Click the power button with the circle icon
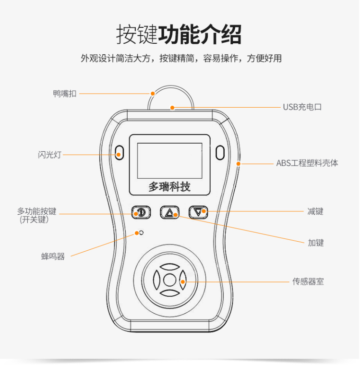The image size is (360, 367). pos(141,212)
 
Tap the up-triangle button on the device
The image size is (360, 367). pos(169,212)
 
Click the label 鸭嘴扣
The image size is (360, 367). pos(65,94)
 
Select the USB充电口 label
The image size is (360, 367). pos(302,107)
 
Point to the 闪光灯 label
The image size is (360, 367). pos(49,155)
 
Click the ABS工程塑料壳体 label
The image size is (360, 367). pos(307,163)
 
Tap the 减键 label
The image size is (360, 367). pos(315,211)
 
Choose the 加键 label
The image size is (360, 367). pos(316,243)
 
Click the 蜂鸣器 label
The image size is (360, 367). pos(53,257)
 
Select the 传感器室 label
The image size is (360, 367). pos(308,281)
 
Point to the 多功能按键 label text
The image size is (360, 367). pos(37,211)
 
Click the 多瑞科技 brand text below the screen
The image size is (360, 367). pos(169,187)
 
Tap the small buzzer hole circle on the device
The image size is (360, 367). pos(141,232)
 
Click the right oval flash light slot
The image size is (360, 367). pos(220,153)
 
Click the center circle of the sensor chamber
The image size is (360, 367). pos(169,280)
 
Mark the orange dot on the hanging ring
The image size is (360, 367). pos(153,94)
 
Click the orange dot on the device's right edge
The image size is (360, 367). pos(239,164)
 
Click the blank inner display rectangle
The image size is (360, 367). pos(169,161)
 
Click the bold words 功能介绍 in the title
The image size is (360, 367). pos(200,35)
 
